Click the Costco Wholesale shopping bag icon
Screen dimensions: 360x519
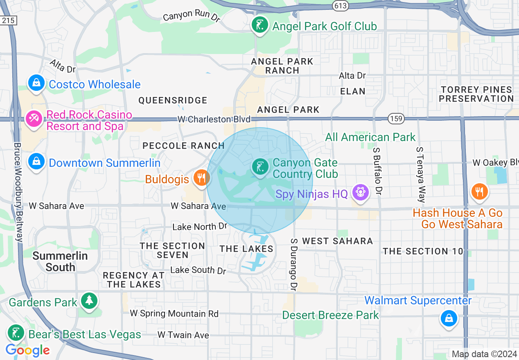coord(37,83)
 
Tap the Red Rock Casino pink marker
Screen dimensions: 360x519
coord(34,119)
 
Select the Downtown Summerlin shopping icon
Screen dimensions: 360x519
coord(37,162)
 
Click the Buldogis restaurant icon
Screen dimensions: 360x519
coord(201,178)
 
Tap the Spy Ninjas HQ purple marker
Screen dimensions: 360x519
coord(360,193)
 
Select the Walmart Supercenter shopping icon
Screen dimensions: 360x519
coord(449,318)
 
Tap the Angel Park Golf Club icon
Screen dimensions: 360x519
coord(260,26)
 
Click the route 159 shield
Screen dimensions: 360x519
coord(396,119)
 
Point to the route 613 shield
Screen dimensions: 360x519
coord(340,6)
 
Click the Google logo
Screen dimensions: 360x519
coord(28,350)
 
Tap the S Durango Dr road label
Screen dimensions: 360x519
coord(293,262)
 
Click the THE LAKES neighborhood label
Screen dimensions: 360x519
coord(246,249)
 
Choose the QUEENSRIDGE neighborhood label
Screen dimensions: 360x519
coord(173,100)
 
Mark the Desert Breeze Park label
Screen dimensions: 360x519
coord(331,315)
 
